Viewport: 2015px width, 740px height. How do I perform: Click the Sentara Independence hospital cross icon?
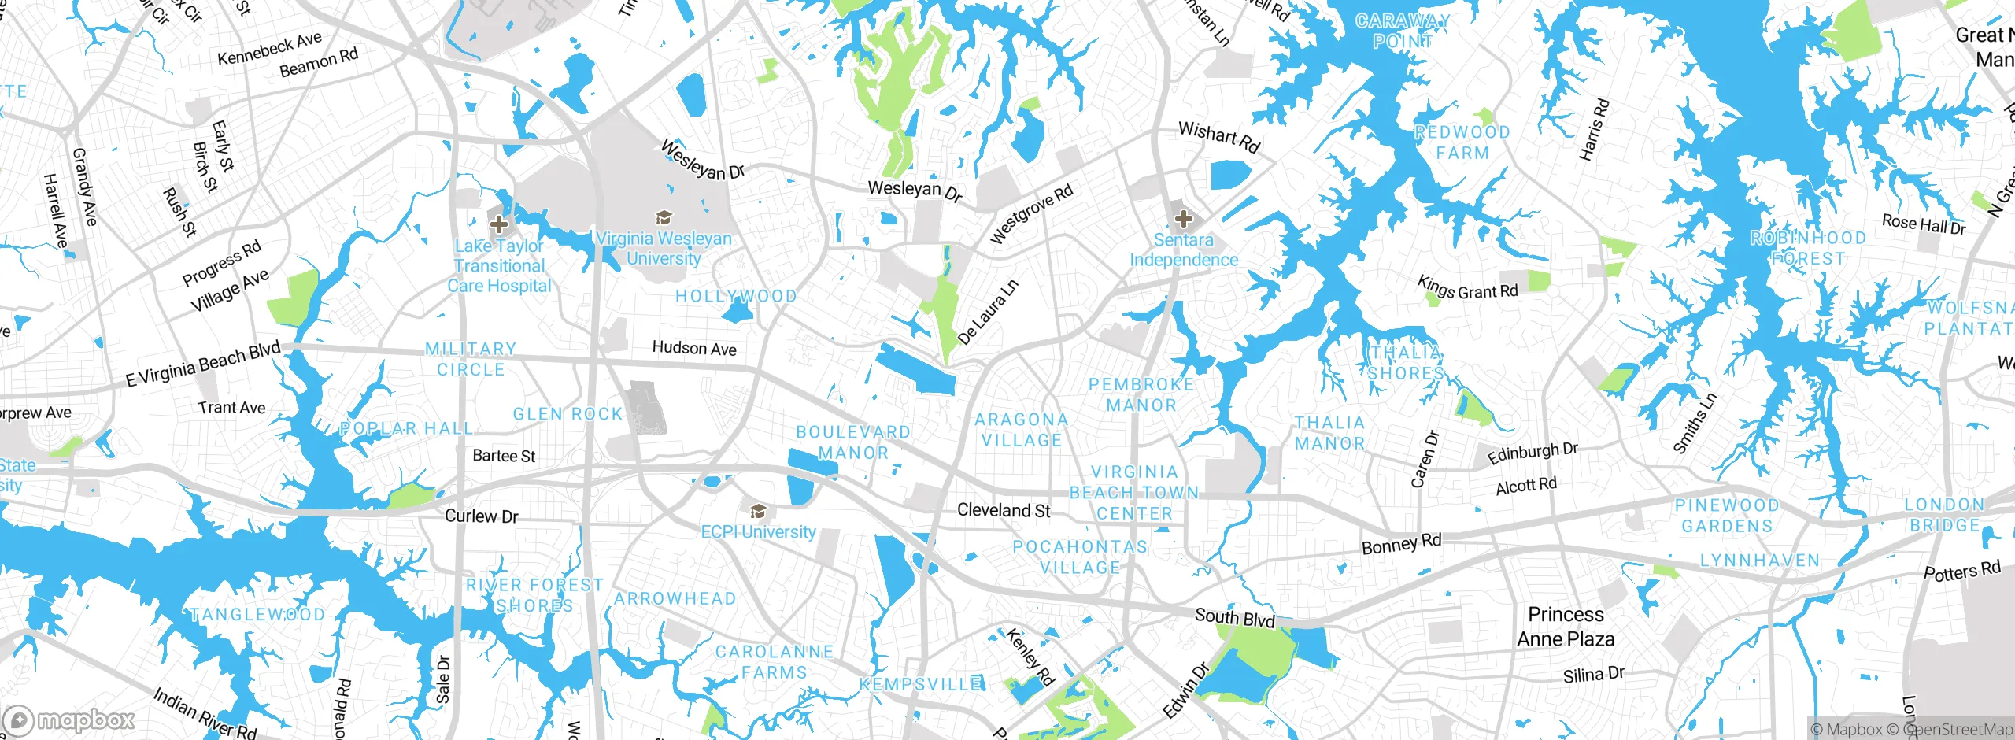(x=1183, y=218)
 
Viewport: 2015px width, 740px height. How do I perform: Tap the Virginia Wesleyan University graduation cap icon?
(x=664, y=216)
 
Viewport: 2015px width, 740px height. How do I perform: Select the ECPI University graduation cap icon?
(x=758, y=512)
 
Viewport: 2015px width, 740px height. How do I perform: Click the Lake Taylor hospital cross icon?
(x=499, y=224)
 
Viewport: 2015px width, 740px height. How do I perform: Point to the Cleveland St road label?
(x=1004, y=510)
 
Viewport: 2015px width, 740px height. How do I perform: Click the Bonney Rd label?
(x=1401, y=543)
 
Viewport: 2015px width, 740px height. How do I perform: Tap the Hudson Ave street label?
(x=694, y=348)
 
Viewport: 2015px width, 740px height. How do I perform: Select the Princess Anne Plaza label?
(x=1566, y=627)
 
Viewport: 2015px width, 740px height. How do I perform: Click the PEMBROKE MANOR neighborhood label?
(x=1141, y=394)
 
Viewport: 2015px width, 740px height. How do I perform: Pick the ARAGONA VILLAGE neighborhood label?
(x=1022, y=430)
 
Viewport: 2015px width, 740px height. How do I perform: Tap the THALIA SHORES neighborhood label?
(x=1406, y=363)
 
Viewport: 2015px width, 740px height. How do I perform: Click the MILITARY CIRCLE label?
(x=471, y=359)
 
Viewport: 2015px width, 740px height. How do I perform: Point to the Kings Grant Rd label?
(x=1467, y=288)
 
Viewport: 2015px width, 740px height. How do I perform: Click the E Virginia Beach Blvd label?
(x=203, y=364)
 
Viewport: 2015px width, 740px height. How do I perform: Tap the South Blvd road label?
(x=1234, y=617)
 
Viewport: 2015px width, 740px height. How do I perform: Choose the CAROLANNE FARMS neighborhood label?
(x=775, y=662)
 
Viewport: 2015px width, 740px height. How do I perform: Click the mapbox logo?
(x=69, y=720)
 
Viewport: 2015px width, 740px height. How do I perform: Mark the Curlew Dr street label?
(x=482, y=516)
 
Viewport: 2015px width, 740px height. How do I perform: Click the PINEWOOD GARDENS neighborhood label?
(x=1727, y=516)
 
